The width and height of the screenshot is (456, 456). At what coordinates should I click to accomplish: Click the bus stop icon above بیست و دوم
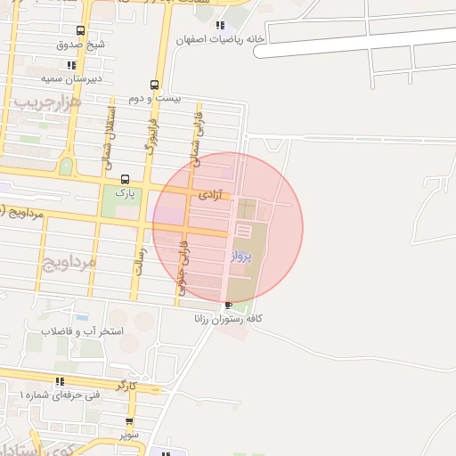(155, 85)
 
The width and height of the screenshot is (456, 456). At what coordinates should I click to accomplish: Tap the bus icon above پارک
(124, 178)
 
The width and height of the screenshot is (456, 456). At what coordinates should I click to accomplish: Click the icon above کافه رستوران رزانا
(229, 305)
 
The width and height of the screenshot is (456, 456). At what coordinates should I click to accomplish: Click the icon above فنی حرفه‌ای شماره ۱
(60, 381)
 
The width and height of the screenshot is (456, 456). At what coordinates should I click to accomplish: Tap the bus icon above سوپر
(130, 422)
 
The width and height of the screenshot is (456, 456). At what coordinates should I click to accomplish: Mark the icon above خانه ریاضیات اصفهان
(219, 26)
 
